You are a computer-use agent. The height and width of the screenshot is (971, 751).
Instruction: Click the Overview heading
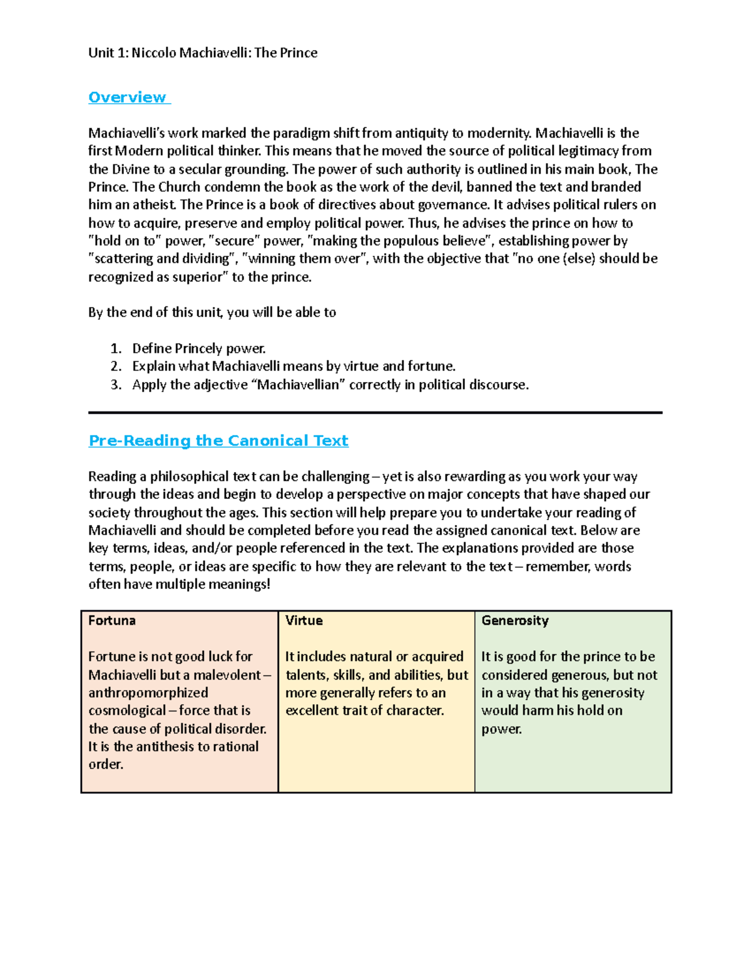[x=127, y=98]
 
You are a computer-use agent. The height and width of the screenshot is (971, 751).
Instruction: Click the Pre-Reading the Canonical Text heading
[x=218, y=441]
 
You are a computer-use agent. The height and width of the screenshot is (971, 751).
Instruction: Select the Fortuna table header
[x=112, y=621]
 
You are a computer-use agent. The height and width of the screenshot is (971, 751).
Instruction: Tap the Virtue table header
[x=304, y=621]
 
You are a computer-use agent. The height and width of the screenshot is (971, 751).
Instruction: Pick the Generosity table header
[x=515, y=621]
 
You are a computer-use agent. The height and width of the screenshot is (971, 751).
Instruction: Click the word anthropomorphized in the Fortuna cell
[x=148, y=693]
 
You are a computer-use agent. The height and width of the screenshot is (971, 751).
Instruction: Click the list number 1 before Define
[x=115, y=349]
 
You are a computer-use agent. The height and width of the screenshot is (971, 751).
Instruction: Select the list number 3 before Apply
[x=115, y=385]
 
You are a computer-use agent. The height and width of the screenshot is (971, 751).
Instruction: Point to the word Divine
[x=131, y=169]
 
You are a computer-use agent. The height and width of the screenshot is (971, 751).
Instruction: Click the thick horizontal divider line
[x=375, y=413]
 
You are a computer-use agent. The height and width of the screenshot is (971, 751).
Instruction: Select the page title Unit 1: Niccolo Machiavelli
[x=203, y=53]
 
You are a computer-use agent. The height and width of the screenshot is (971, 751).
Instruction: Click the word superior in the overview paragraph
[x=197, y=278]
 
